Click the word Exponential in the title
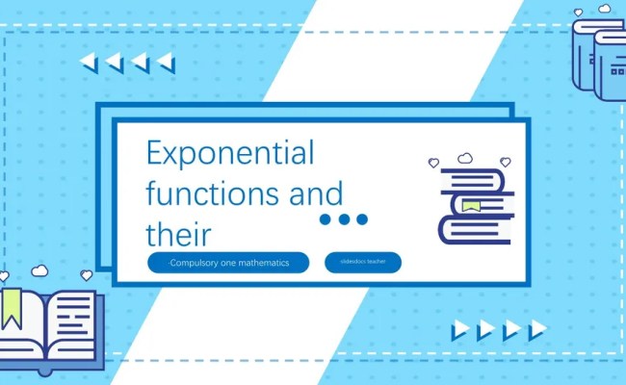230,153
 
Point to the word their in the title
177,234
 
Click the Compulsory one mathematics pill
229,262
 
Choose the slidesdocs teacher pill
363,262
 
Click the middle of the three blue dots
344,219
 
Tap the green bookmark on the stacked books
471,206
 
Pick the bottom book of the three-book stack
476,230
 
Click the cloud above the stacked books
465,157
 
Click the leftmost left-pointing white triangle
89,63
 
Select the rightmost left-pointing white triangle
167,64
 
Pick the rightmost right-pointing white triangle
537,331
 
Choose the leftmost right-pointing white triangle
460,331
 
